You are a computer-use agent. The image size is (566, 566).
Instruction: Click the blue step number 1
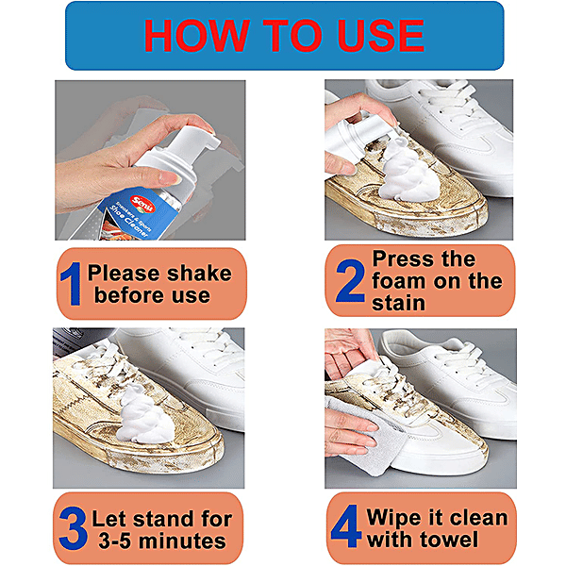[72, 283]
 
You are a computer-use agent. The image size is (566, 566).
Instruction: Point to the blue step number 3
[72, 529]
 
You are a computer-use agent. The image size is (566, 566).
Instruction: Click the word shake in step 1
[194, 274]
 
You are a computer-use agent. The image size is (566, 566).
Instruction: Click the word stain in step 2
[399, 302]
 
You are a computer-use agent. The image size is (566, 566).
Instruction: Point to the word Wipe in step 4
[398, 518]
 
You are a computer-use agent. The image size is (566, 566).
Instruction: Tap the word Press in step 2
[405, 258]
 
